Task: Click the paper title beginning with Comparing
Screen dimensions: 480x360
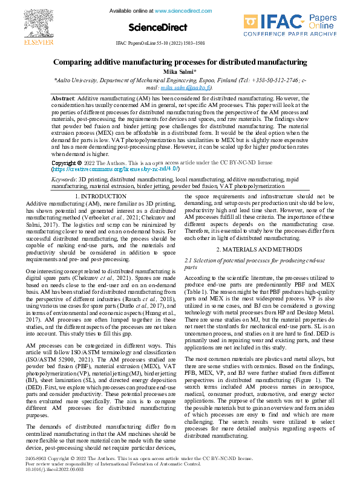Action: click(x=180, y=62)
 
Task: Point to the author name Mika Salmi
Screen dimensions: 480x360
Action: click(x=180, y=71)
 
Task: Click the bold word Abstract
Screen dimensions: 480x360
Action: click(x=63, y=98)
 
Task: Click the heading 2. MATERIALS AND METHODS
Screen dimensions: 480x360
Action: click(x=260, y=249)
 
